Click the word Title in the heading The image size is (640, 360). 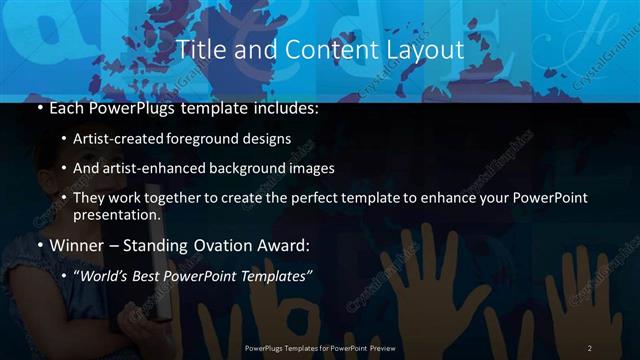pos(198,50)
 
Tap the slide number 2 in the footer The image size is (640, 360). pos(590,347)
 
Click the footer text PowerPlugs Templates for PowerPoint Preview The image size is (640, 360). pos(320,347)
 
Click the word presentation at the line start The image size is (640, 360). pos(117,214)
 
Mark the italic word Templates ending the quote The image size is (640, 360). pos(275,276)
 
